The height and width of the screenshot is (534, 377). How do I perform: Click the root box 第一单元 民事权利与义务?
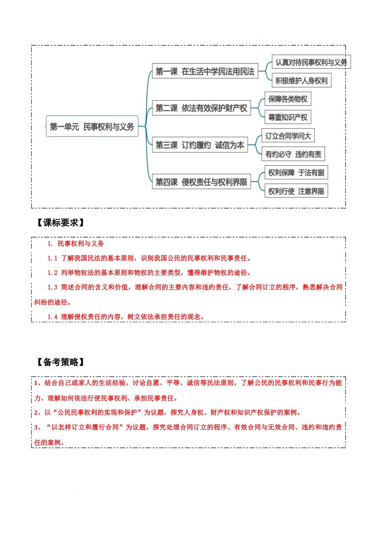coord(92,127)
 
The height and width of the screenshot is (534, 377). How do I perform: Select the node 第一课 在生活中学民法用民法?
coord(205,72)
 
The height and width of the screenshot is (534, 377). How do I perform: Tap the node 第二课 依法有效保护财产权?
coord(201,108)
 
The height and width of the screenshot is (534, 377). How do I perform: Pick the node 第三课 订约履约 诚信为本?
coord(200,145)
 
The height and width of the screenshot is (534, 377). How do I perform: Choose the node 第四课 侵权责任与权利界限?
coord(201,182)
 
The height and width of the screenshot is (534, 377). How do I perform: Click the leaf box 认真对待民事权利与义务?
coord(311,62)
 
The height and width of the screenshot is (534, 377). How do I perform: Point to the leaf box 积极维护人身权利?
coord(301,81)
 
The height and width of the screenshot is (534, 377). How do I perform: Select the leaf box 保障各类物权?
coord(287,99)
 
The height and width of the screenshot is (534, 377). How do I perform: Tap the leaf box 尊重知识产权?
coord(287,117)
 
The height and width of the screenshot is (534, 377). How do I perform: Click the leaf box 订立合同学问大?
coord(288,136)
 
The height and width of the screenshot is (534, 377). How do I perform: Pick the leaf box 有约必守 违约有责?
coord(293,154)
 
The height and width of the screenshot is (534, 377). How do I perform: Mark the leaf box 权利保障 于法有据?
coord(296,172)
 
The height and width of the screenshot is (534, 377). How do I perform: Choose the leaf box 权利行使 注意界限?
coord(296,191)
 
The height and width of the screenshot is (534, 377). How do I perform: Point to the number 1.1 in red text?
coord(52,258)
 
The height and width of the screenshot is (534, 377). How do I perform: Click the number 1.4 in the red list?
coord(52,317)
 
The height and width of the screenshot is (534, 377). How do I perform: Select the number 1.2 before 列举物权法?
coord(52,273)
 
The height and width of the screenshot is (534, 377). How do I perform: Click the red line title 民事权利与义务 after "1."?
coord(81,244)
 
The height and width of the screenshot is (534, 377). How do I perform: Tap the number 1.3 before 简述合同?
coord(52,287)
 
